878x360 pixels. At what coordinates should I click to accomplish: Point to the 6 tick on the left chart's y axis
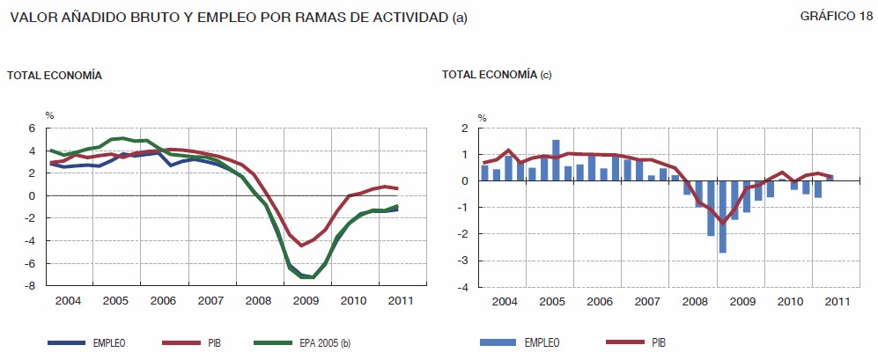[x=32, y=129]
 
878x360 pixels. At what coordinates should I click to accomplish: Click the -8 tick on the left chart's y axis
[x=30, y=286]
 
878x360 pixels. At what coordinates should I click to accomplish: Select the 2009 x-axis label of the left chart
[x=305, y=301]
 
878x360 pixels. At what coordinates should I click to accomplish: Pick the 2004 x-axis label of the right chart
[x=505, y=301]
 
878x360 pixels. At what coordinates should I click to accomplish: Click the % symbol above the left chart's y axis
[x=50, y=116]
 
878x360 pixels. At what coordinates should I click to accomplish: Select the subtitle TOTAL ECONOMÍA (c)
[x=497, y=76]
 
